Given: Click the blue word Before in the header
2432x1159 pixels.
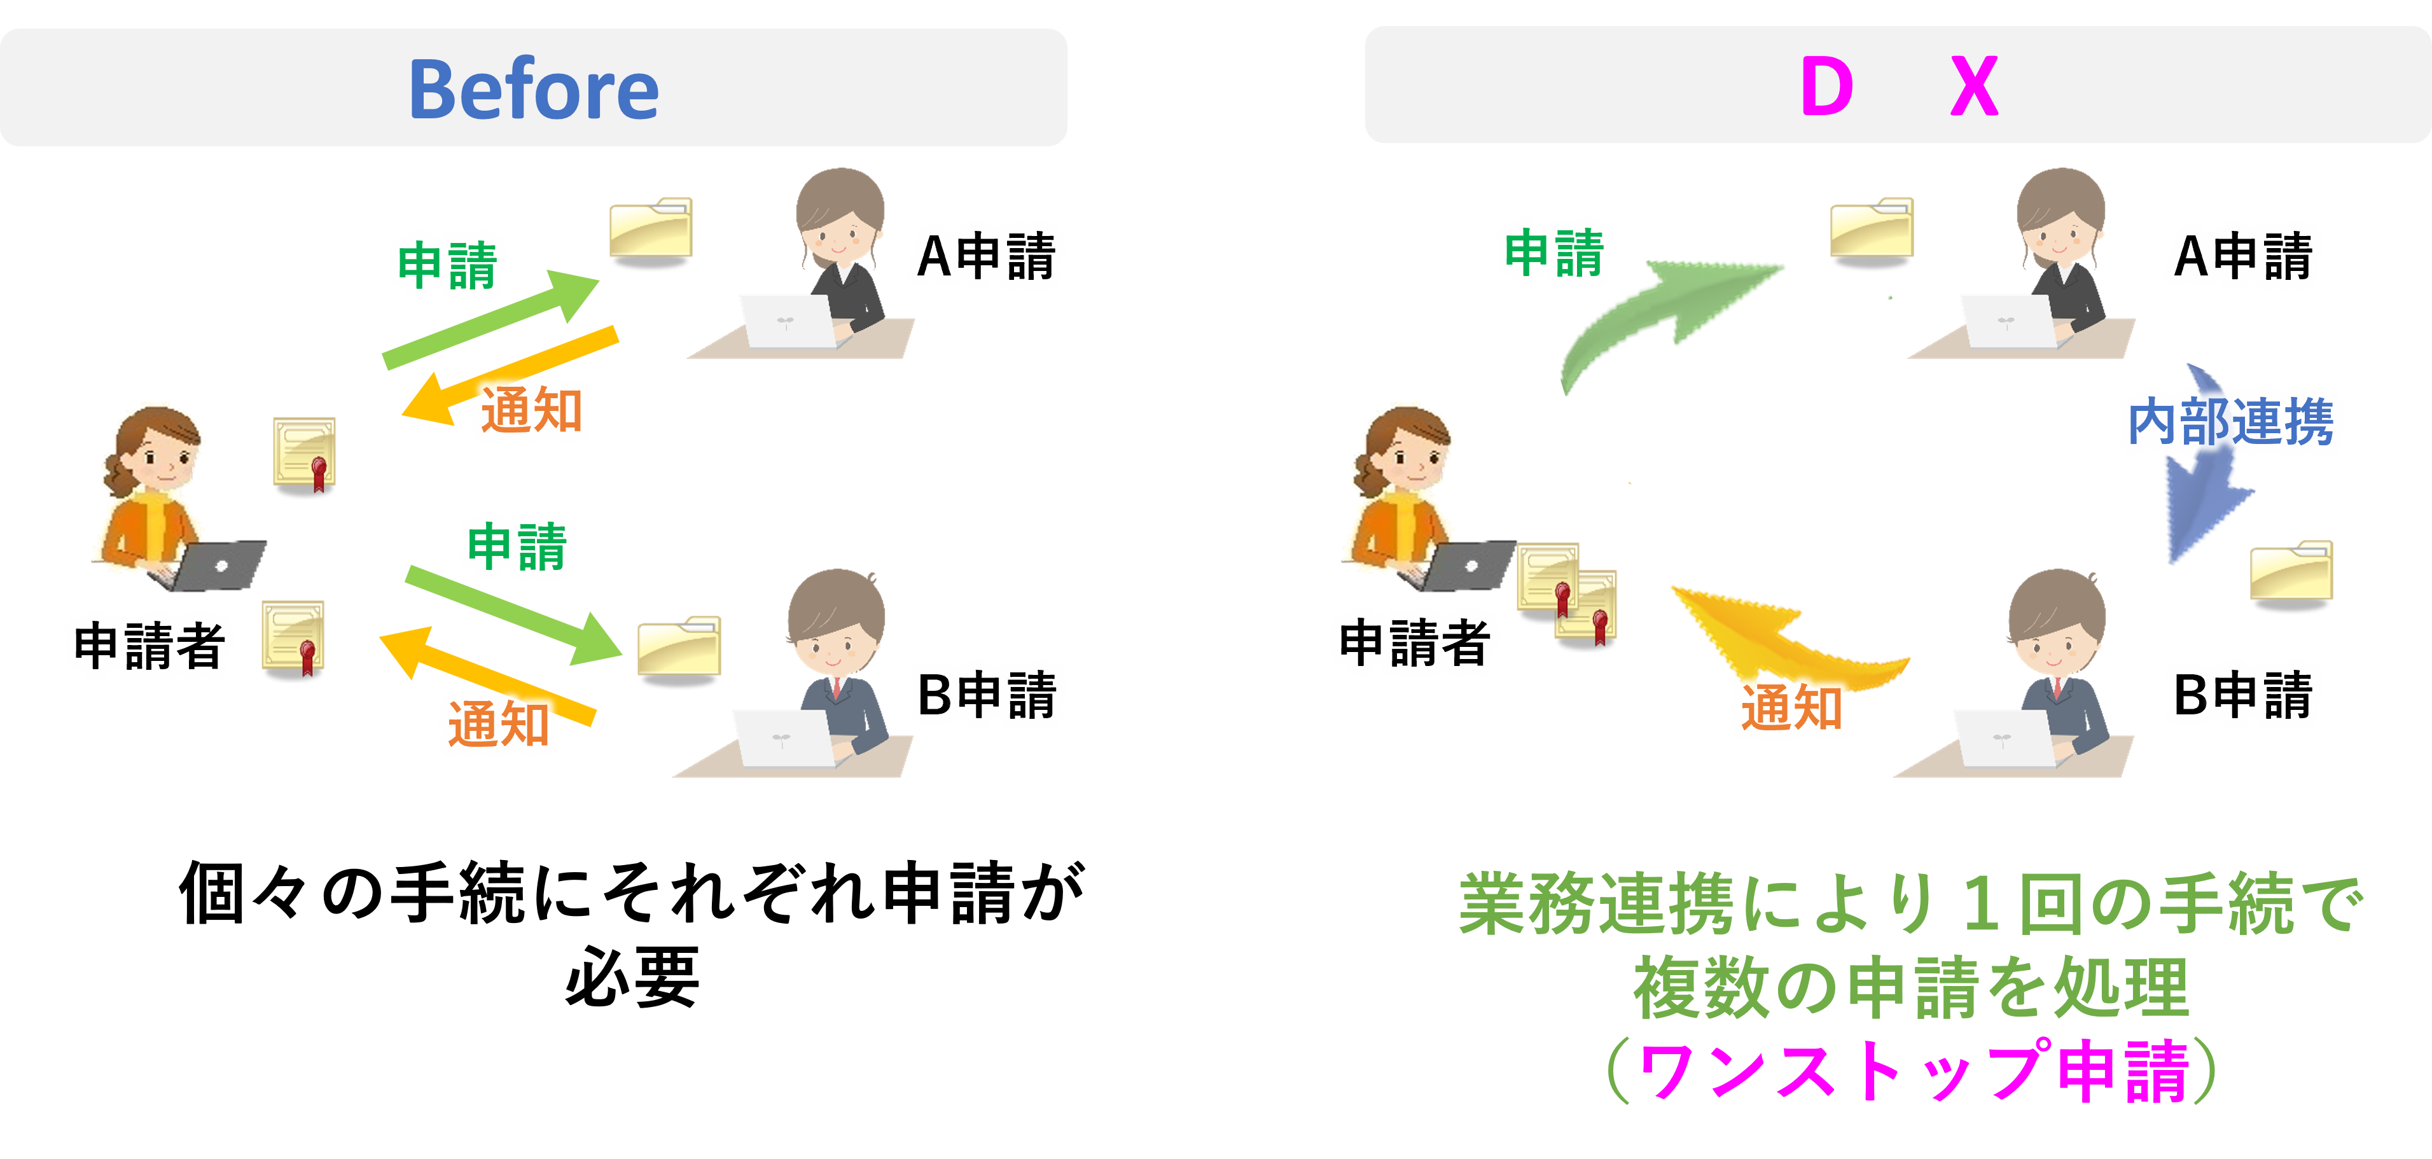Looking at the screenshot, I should point(534,90).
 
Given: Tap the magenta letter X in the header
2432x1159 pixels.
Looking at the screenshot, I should point(1974,87).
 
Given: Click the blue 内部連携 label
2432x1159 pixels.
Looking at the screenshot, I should point(2230,422).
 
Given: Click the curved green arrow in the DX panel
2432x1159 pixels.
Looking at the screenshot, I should point(1662,312).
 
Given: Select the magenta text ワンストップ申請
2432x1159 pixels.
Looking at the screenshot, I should point(1912,1071).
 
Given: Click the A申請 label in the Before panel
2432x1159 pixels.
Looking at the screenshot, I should point(985,257).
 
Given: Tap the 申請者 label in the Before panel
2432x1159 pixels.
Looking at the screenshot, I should point(149,646).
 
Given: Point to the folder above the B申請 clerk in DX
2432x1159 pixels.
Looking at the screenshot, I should point(2291,575).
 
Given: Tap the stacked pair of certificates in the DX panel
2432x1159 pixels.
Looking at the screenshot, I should point(1567,595).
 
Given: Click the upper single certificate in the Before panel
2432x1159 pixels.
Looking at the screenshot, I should point(305,456).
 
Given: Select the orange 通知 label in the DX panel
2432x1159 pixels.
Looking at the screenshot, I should point(1791,708).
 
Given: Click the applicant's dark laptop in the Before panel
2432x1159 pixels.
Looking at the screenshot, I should point(219,564).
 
